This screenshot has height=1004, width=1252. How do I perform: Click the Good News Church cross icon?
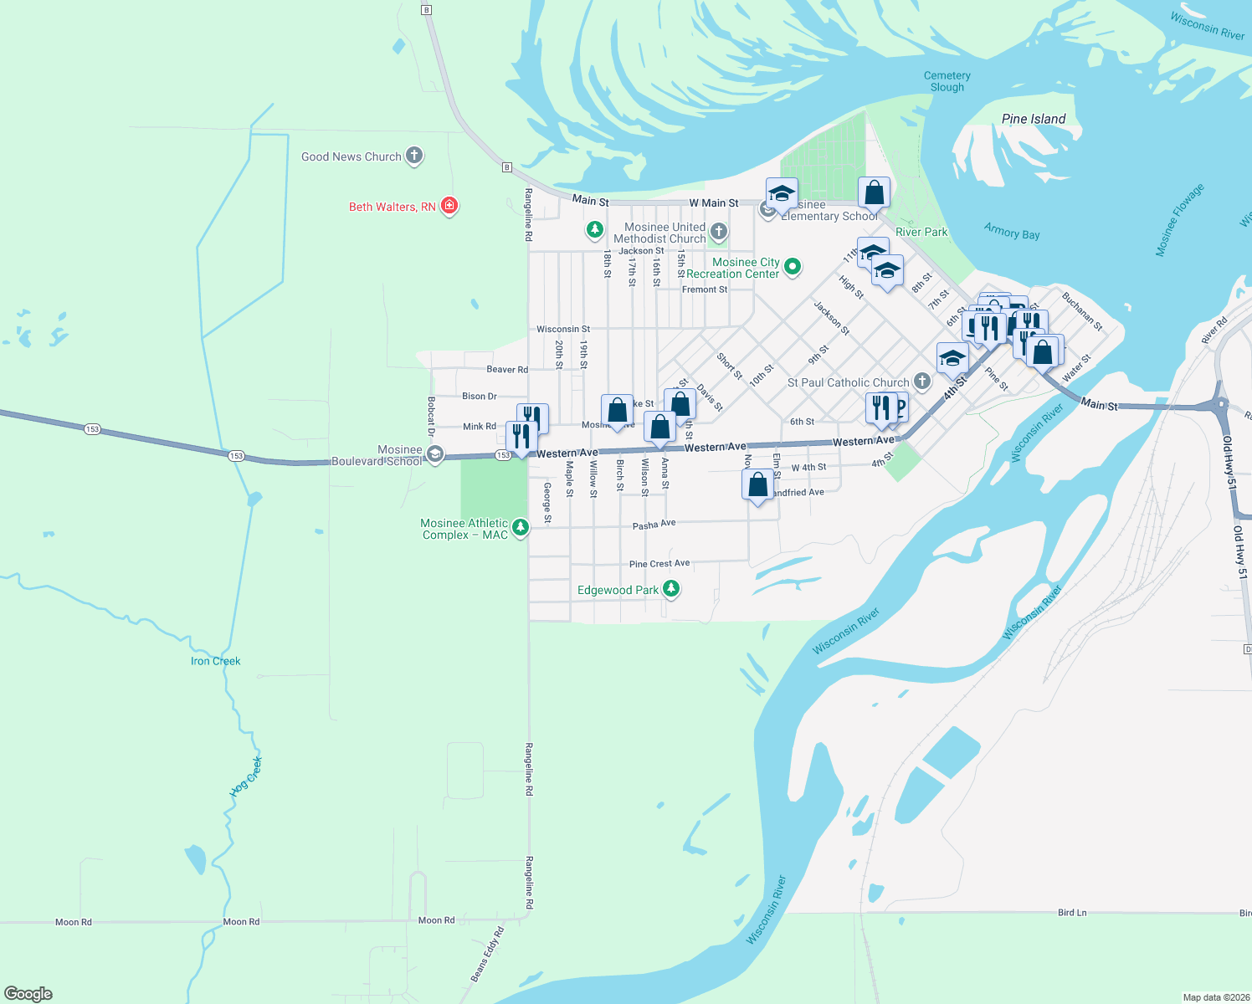pyautogui.click(x=414, y=156)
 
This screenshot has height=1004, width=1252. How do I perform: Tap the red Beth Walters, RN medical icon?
pyautogui.click(x=449, y=206)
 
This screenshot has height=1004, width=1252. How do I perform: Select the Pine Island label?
pyautogui.click(x=1034, y=119)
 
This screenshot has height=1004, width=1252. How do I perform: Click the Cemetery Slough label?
pyautogui.click(x=947, y=81)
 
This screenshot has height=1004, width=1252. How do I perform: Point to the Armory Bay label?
pyautogui.click(x=1012, y=232)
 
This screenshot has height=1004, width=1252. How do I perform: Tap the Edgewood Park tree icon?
pyautogui.click(x=670, y=589)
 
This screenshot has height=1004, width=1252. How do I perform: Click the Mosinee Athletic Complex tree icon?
pyautogui.click(x=521, y=527)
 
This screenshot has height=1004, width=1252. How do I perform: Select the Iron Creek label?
pyautogui.click(x=215, y=661)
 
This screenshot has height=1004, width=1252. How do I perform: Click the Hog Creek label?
pyautogui.click(x=248, y=776)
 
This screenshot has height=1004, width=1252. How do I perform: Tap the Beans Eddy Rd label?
pyautogui.click(x=487, y=954)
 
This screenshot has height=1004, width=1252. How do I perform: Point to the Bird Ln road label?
pyautogui.click(x=1072, y=912)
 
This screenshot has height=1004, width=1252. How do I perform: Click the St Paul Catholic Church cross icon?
pyautogui.click(x=921, y=382)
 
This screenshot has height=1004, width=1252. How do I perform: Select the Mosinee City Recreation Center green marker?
pyautogui.click(x=792, y=267)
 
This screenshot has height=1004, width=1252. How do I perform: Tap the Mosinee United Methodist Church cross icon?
pyautogui.click(x=718, y=231)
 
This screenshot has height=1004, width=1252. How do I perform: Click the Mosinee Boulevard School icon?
pyautogui.click(x=434, y=454)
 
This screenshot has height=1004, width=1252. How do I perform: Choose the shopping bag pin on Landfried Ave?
pyautogui.click(x=757, y=484)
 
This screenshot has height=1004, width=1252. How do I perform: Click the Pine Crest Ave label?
pyautogui.click(x=659, y=564)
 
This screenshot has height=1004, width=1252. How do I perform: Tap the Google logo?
pyautogui.click(x=28, y=993)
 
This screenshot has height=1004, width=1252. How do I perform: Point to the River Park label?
pyautogui.click(x=921, y=232)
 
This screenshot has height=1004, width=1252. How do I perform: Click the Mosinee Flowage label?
pyautogui.click(x=1179, y=219)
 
